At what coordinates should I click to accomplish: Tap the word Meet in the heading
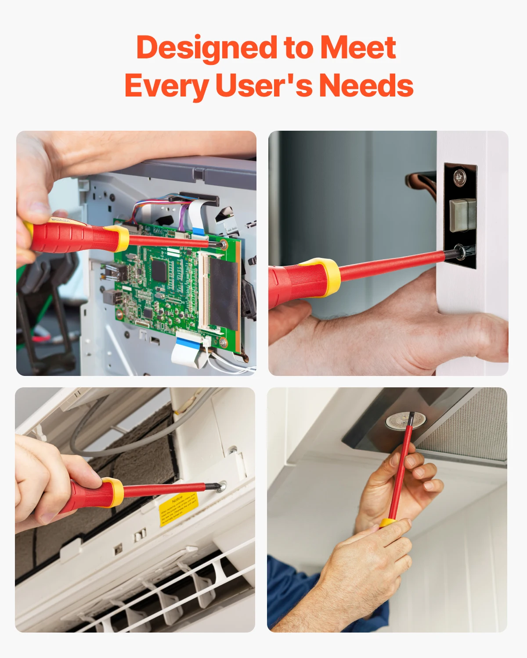358,48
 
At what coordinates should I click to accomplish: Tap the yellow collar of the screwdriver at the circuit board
121,238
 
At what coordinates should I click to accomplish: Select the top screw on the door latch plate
459,177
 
